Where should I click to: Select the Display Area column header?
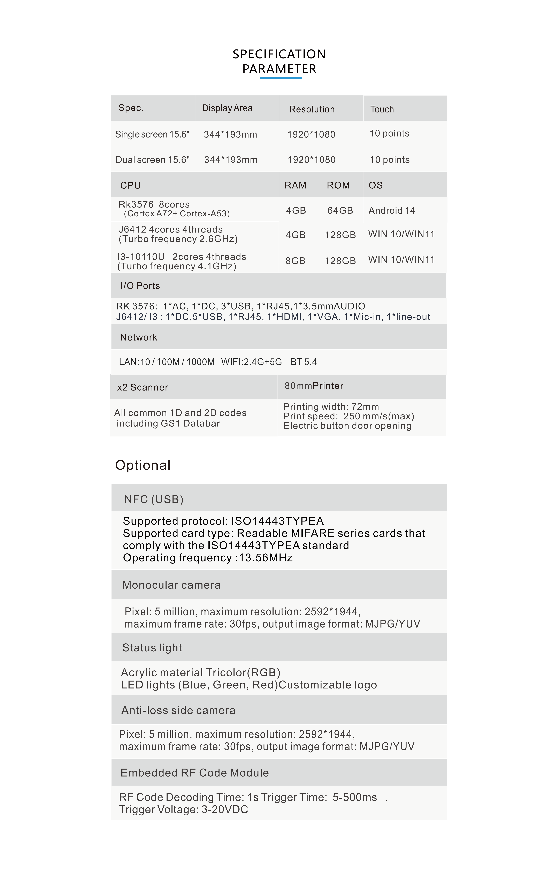[x=227, y=108]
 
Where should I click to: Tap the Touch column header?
[x=382, y=109]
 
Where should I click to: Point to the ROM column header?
[x=338, y=185]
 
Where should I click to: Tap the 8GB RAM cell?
[x=295, y=261]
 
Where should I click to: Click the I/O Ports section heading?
[x=140, y=286]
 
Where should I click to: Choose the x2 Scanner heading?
[x=143, y=387]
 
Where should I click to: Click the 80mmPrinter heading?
[x=314, y=386]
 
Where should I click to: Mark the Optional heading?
[x=143, y=465]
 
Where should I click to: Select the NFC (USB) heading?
[x=154, y=499]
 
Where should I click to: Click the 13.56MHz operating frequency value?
[x=266, y=558]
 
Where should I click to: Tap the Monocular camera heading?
[x=171, y=585]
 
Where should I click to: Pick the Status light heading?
[x=152, y=648]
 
